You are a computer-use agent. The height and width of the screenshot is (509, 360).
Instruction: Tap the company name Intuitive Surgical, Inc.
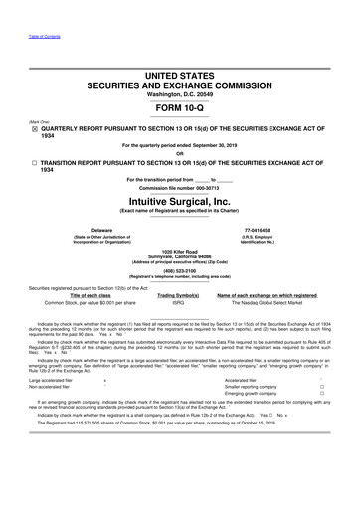(180, 199)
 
